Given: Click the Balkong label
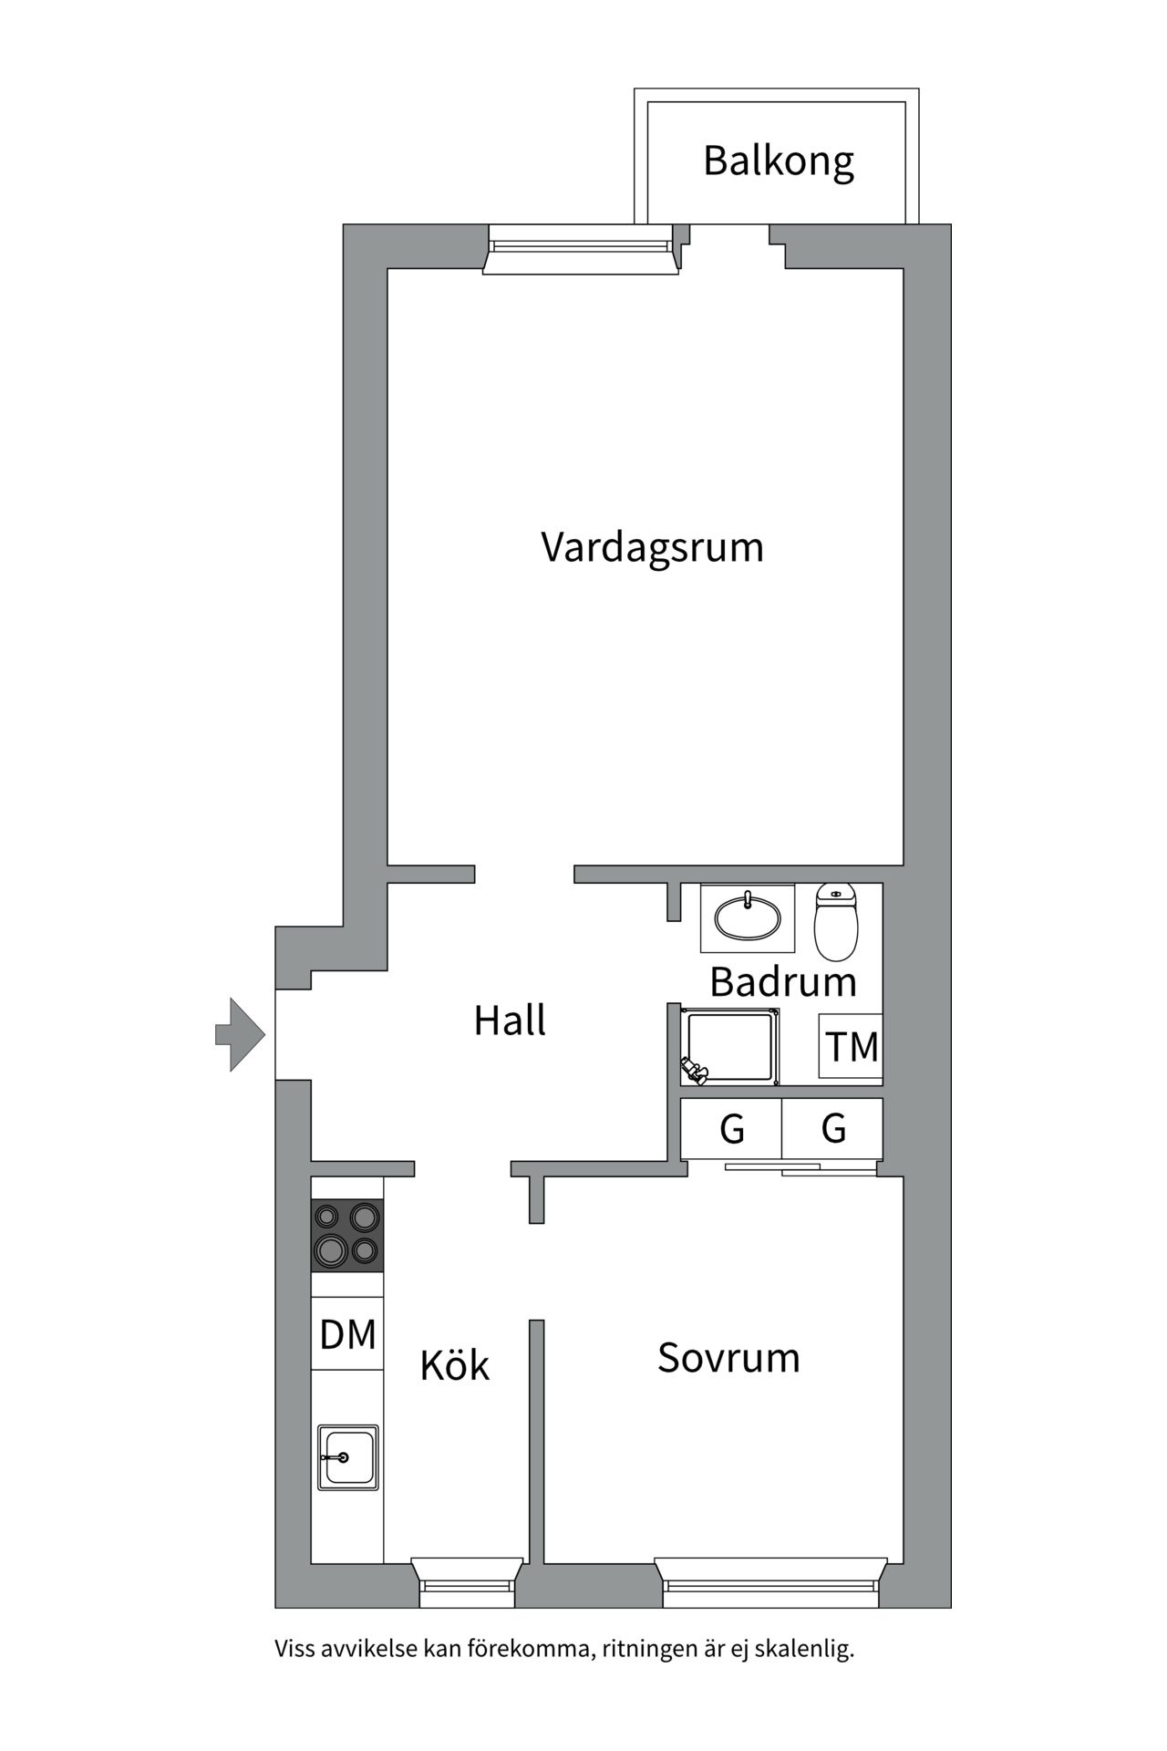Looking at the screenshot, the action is (x=779, y=162).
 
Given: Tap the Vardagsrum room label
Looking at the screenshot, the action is (x=652, y=548).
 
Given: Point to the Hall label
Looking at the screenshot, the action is (x=510, y=1021).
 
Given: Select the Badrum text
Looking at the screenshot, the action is (x=783, y=982).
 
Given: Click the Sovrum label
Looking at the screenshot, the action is (x=728, y=1358).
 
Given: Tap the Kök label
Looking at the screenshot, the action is (x=455, y=1364).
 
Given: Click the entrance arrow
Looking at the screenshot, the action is (x=240, y=1034).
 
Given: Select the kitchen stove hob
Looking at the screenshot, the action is (x=347, y=1236).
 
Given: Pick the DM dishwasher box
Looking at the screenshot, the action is (x=347, y=1333).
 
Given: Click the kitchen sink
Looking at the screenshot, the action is (x=348, y=1457).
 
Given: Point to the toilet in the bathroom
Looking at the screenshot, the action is (x=836, y=922).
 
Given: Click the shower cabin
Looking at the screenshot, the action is (x=728, y=1047).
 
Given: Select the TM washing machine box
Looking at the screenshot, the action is (x=851, y=1046).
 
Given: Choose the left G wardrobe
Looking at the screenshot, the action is (x=731, y=1129).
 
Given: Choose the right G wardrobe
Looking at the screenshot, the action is (x=832, y=1129).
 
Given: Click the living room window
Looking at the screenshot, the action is (x=580, y=250).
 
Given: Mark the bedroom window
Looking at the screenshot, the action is (x=771, y=1582).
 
